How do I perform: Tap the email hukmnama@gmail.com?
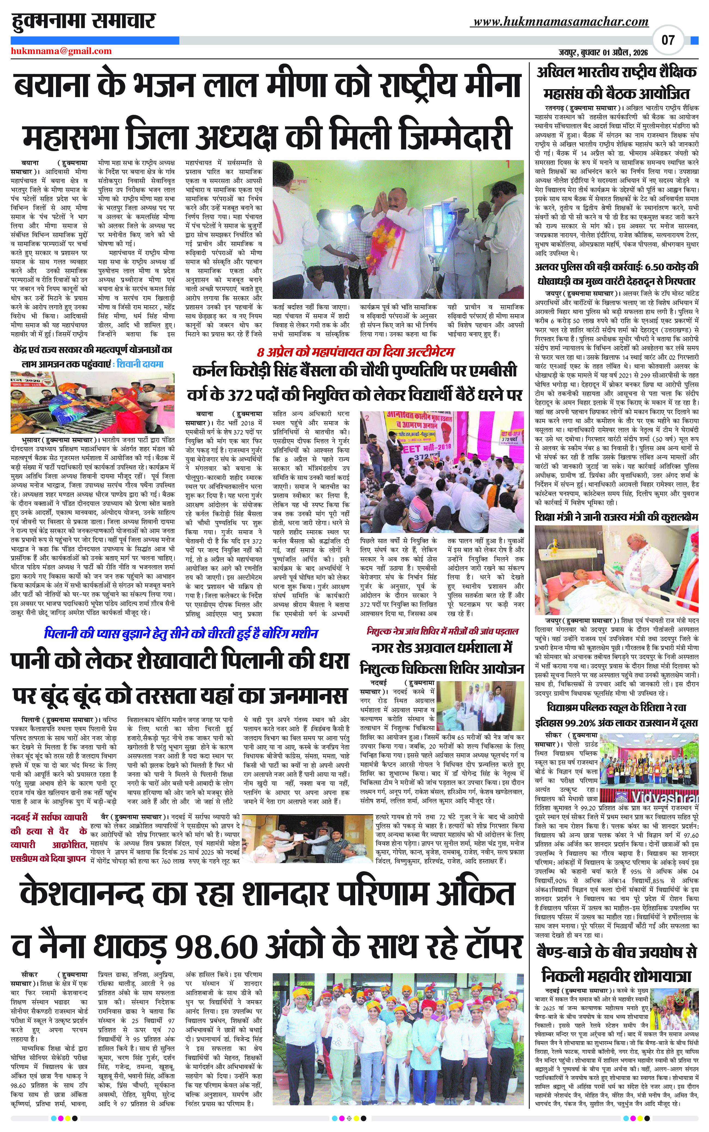pos(61,51)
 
